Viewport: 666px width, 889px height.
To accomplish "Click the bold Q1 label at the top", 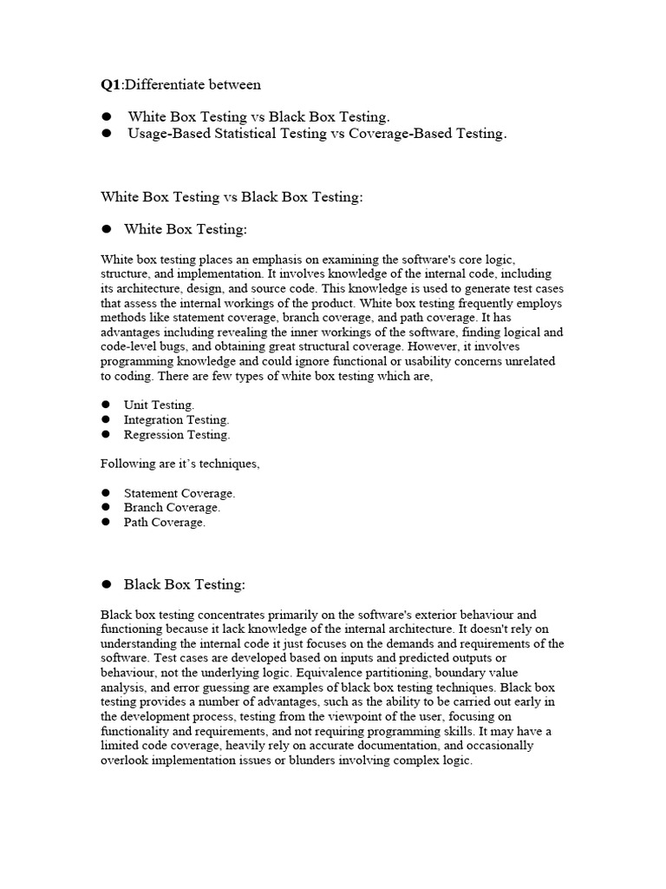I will pyautogui.click(x=110, y=84).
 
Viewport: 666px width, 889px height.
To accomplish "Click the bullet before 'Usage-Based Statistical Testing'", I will pyautogui.click(x=108, y=134).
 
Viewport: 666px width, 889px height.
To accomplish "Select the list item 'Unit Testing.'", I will pyautogui.click(x=159, y=405).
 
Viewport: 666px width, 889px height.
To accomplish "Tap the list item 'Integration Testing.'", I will pyautogui.click(x=176, y=420).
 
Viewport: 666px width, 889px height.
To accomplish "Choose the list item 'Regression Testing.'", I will pyautogui.click(x=177, y=435).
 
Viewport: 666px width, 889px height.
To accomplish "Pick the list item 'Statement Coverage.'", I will pyautogui.click(x=180, y=493).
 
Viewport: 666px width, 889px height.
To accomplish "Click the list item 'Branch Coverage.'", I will pyautogui.click(x=172, y=508).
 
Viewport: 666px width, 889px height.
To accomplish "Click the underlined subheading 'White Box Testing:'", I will pyautogui.click(x=186, y=230).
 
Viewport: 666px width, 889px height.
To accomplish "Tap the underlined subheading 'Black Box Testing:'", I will pyautogui.click(x=185, y=584).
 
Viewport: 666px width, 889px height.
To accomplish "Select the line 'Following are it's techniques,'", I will pyautogui.click(x=180, y=464).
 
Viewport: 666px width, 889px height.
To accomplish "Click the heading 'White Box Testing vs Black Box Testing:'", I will pyautogui.click(x=232, y=197).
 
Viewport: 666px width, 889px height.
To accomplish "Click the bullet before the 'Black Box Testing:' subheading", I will pyautogui.click(x=108, y=584).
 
